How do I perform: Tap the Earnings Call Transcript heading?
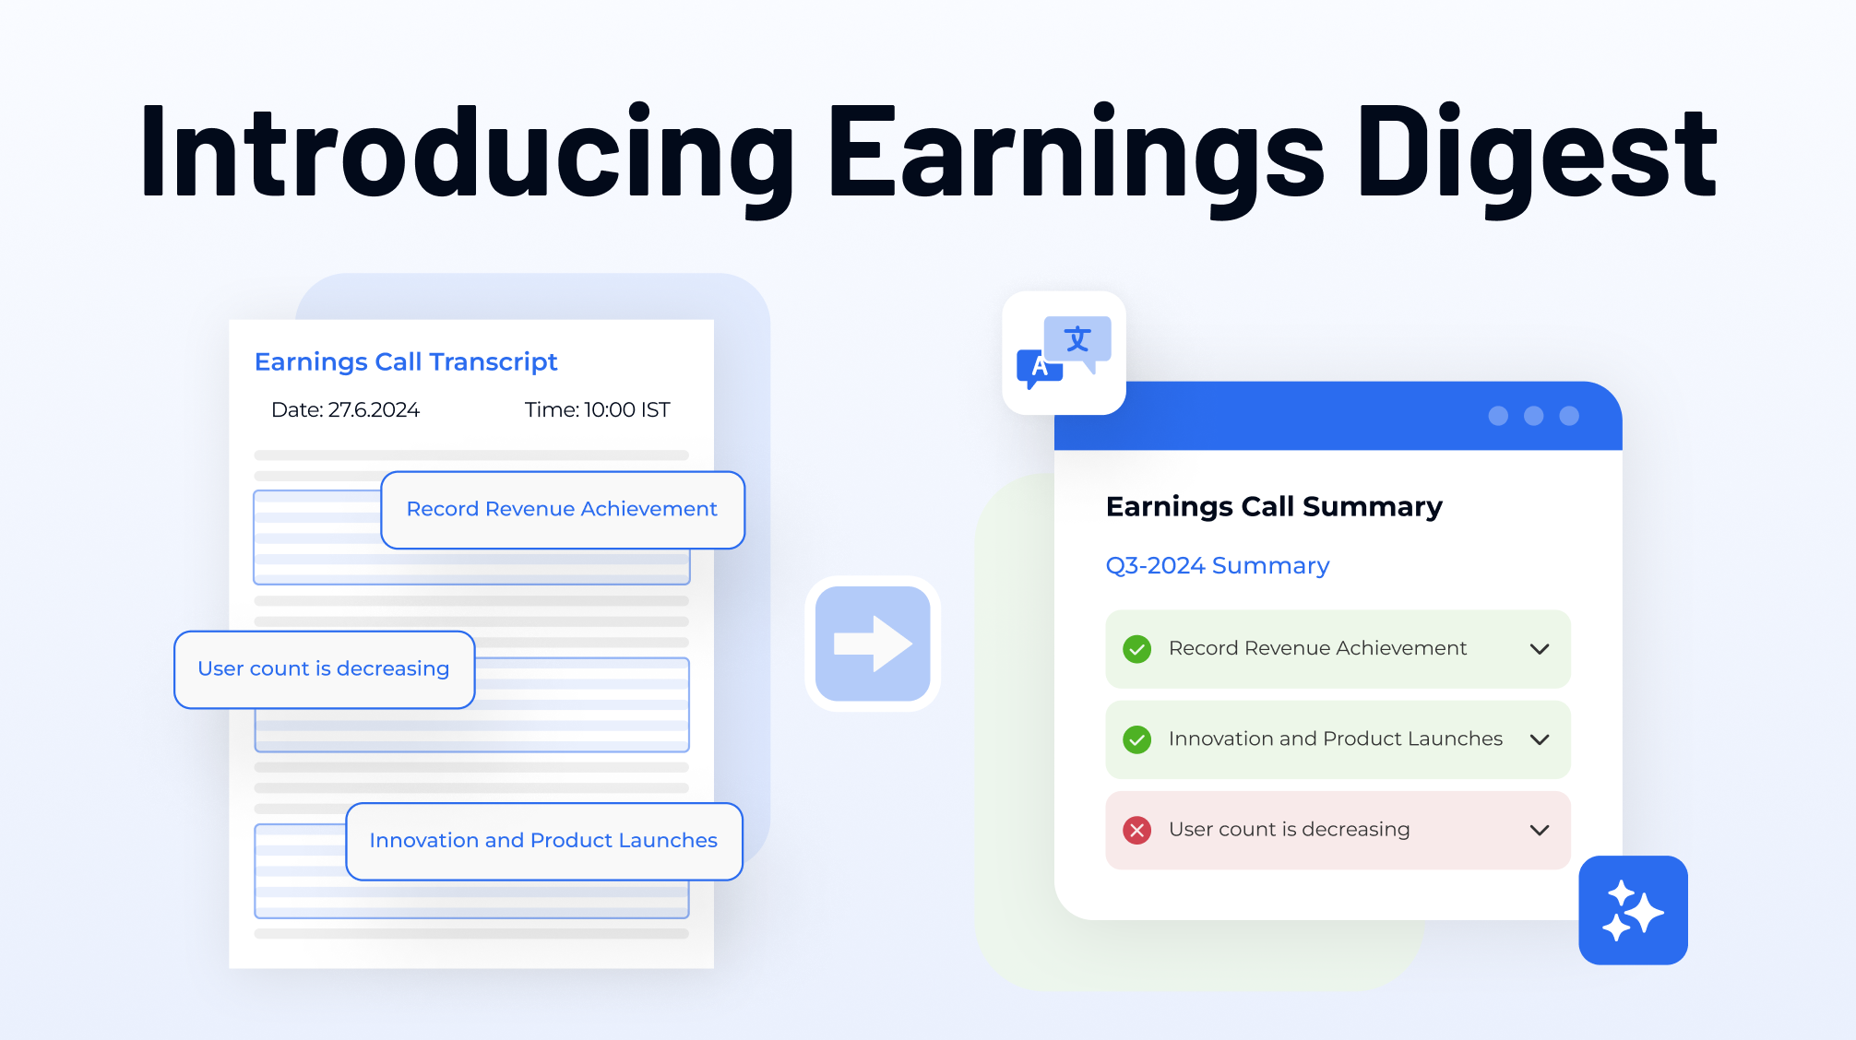406,361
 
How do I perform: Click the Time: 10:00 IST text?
597,409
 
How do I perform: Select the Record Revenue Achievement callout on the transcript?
562,509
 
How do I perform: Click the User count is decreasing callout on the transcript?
324,668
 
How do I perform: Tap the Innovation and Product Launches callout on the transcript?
543,840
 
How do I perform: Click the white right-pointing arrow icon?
873,644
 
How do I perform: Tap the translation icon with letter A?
1064,353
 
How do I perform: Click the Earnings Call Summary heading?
1274,506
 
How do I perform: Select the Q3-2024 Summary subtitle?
1218,565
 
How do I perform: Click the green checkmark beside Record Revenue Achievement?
1136,649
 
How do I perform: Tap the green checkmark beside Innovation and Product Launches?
1136,739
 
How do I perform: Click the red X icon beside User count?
1136,830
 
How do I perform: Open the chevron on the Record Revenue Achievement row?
1539,649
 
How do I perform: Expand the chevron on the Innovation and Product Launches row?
1539,739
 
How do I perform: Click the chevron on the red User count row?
1539,830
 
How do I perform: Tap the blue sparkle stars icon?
1633,910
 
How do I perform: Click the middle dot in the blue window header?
1533,416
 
